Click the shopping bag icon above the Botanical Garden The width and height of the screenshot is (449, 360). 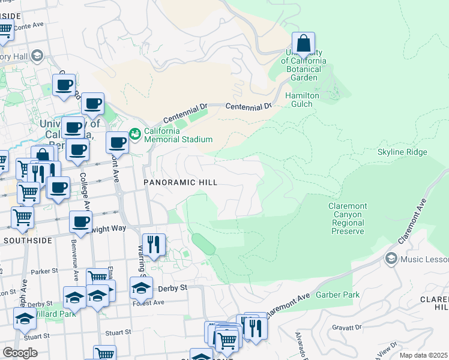304,43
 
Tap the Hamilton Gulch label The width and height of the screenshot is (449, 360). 302,100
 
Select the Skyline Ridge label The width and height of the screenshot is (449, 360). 402,152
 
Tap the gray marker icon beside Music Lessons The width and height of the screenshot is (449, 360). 391,259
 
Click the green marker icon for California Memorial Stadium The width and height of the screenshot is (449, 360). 134,133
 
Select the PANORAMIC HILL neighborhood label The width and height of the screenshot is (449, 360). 179,182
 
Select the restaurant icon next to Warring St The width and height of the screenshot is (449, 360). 153,244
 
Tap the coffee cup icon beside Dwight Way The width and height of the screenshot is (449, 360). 80,222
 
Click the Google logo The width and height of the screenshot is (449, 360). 20,353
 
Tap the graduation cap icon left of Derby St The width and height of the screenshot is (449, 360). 141,287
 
